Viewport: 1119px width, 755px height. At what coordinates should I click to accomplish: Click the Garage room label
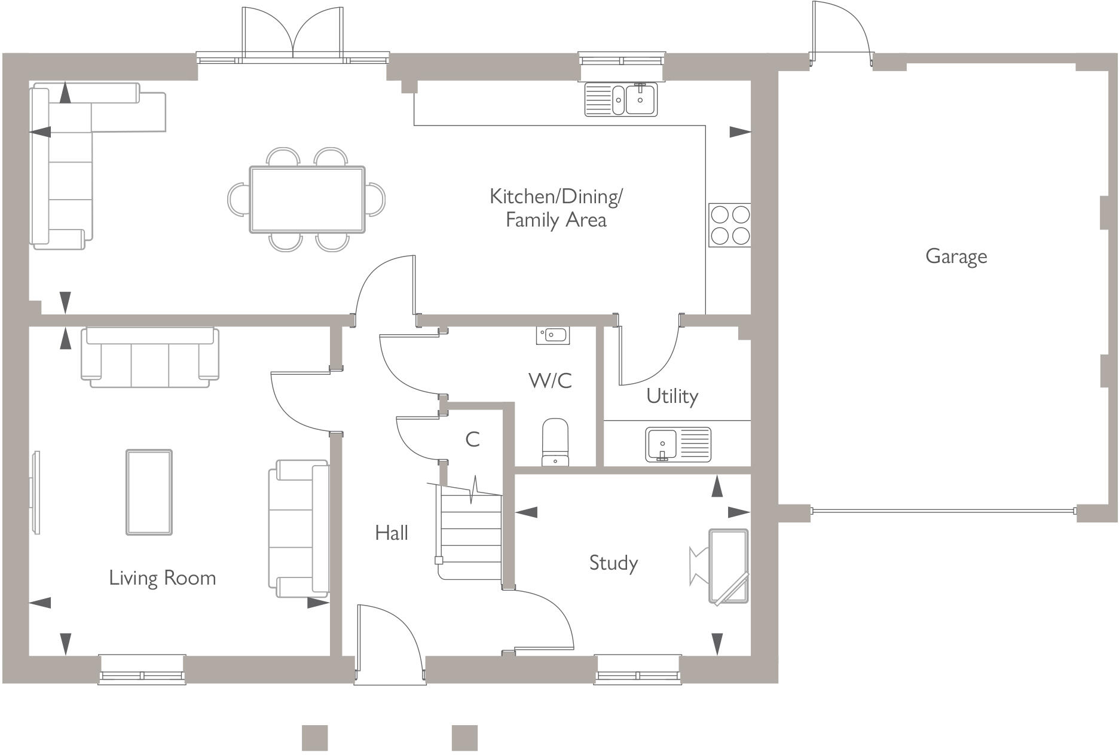pos(956,256)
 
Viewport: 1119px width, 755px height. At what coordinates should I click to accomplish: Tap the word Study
pos(613,563)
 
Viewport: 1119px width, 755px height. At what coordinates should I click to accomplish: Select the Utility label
pos(672,396)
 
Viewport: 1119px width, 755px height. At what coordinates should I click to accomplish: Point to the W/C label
pos(550,380)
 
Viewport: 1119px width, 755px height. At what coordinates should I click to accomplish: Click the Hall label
pos(392,532)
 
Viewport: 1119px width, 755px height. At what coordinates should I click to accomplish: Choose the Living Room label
pos(162,577)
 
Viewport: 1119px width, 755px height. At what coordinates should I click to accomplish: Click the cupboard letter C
pos(472,439)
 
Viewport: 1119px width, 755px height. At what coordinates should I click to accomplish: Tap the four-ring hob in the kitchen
pos(729,225)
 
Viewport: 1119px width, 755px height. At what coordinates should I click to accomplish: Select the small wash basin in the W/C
pos(552,335)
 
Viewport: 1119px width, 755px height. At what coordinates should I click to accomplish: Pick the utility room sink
pos(678,444)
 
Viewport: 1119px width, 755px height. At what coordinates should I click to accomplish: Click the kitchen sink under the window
pos(620,99)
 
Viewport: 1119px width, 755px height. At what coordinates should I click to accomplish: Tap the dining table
pos(307,199)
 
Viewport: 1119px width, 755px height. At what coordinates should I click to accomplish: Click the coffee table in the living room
pos(149,492)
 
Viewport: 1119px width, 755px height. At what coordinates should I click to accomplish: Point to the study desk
pos(728,566)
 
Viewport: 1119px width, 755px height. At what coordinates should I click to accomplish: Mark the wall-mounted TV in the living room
pos(36,493)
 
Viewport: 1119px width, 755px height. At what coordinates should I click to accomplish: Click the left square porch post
pos(314,738)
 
